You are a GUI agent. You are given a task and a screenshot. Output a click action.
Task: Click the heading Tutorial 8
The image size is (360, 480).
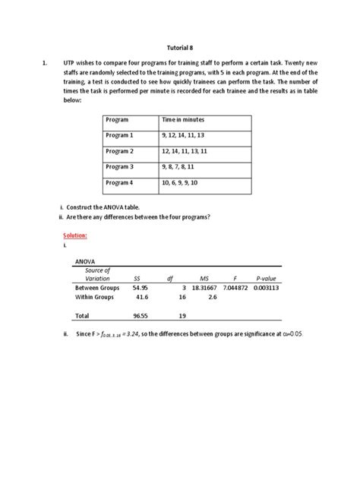coord(180,46)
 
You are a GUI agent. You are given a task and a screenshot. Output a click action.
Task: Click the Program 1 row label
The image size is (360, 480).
coord(119,135)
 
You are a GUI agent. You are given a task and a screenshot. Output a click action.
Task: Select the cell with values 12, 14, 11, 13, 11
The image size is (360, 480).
coord(185,151)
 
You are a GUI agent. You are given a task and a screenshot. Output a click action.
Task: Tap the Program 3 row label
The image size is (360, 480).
coord(119,166)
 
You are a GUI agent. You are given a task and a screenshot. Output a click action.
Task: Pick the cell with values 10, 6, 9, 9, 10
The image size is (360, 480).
coord(180,183)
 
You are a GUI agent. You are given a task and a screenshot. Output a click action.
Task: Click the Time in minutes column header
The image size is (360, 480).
coord(183,120)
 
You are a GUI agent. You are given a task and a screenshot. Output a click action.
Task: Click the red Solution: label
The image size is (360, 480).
coord(74,236)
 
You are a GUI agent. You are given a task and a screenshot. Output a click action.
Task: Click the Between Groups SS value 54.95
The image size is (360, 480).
coord(140,288)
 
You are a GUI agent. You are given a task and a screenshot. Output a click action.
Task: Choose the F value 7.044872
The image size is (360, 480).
coord(235,288)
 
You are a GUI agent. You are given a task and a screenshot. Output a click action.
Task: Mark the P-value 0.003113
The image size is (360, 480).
coord(267,288)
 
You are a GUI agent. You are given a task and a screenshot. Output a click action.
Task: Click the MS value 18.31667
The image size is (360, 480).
coord(204,288)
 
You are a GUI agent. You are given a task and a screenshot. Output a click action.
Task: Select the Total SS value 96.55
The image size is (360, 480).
coord(140,314)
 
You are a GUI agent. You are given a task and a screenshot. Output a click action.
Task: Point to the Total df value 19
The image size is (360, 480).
coord(182,314)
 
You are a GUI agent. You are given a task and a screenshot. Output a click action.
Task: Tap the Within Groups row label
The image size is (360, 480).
coord(94,298)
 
